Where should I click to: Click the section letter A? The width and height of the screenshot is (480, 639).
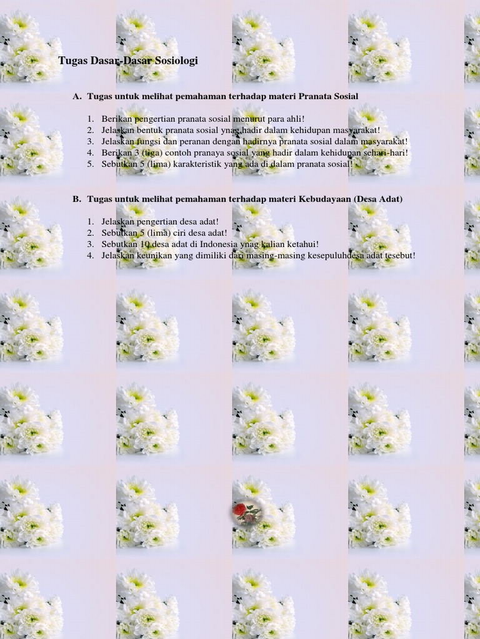click(77, 96)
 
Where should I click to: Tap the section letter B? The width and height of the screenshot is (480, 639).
click(77, 199)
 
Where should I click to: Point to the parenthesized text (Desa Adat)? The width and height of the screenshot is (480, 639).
click(378, 199)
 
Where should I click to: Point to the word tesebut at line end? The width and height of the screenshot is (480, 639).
click(399, 255)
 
